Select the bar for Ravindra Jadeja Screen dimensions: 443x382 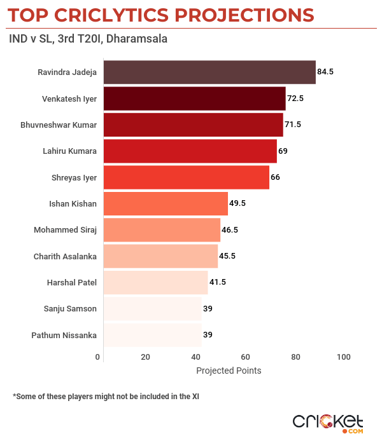[209, 72]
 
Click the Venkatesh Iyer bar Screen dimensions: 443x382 [194, 99]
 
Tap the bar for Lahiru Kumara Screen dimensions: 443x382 [190, 151]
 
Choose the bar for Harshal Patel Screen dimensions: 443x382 [155, 282]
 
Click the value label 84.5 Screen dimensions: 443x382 [325, 72]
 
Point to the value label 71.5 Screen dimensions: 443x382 [293, 125]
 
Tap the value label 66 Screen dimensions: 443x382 [275, 177]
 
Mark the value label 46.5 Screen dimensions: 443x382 [230, 230]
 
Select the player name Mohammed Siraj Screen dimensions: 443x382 [65, 230]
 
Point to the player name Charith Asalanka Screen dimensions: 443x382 [65, 257]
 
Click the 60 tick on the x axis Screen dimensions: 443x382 [245, 357]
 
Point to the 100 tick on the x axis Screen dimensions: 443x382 [344, 357]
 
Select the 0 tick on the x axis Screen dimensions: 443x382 [98, 357]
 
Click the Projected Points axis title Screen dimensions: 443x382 [228, 371]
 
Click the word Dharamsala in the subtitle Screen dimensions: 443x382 [137, 39]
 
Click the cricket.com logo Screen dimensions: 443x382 [328, 422]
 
